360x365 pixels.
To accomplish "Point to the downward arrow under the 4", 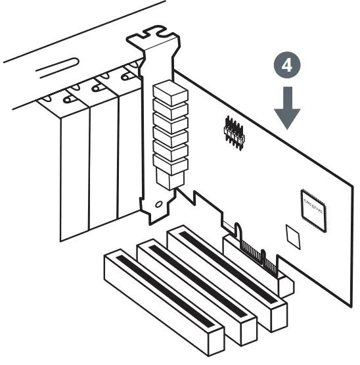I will tap(287, 109).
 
